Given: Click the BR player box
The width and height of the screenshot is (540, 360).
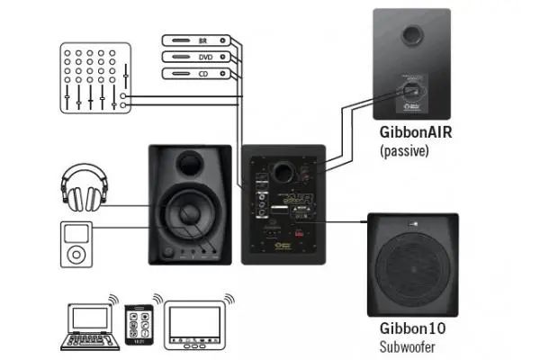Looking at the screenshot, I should pos(193,40).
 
